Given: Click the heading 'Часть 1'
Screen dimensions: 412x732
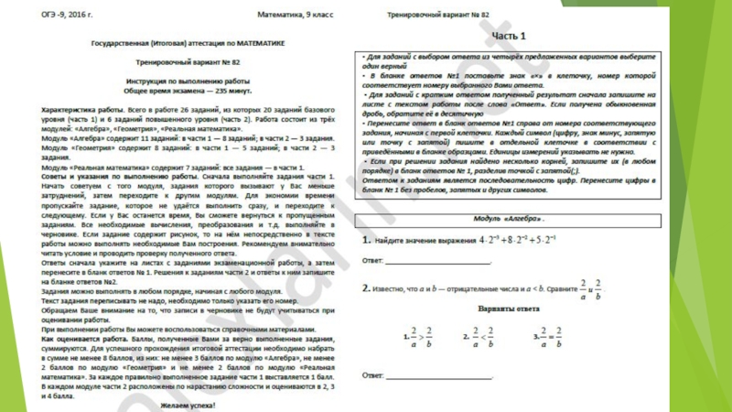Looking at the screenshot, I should [x=510, y=36].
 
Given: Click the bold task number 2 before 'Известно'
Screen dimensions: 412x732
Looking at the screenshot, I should [x=365, y=287].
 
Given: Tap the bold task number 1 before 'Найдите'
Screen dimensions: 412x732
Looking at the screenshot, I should [x=365, y=241].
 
